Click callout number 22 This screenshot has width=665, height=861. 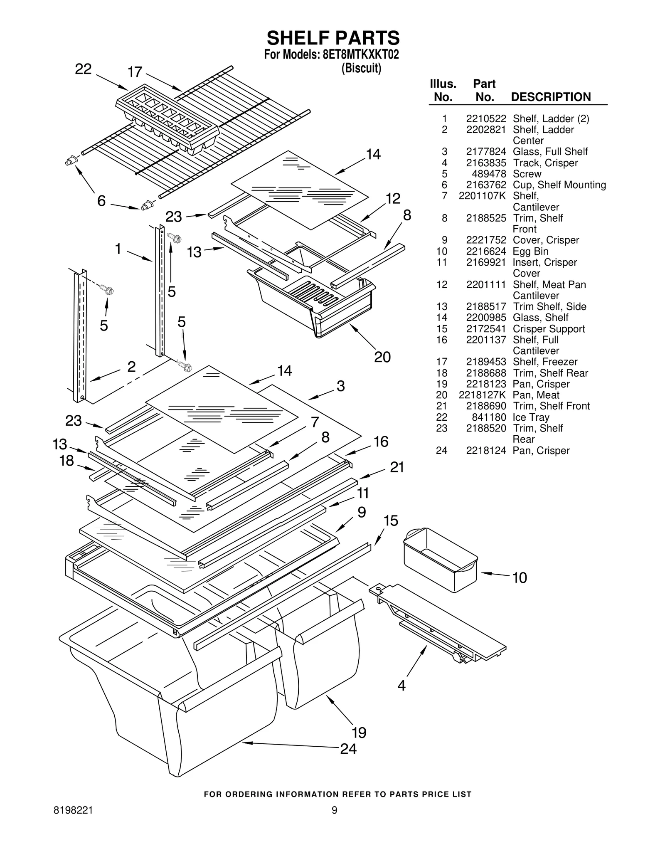tap(83, 69)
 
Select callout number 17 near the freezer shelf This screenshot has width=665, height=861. tap(135, 72)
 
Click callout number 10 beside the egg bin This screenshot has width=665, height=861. tap(520, 577)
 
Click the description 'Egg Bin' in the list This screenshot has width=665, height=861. tap(530, 251)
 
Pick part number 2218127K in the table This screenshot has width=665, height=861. tap(482, 395)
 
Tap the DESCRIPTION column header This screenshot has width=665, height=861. tap(550, 97)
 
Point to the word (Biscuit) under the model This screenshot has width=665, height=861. tap(361, 68)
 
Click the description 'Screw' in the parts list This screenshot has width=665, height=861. tap(527, 174)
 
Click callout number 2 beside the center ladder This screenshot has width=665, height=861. tap(131, 367)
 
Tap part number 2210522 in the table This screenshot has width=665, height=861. tap(486, 118)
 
